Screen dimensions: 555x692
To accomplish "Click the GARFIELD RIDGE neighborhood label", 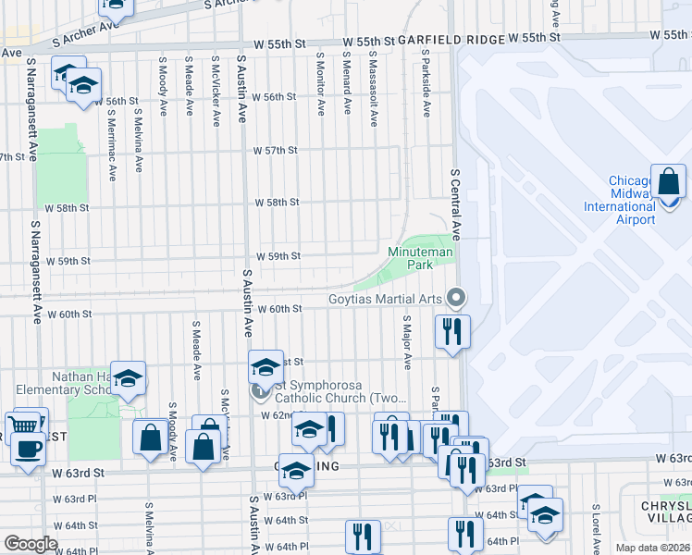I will (x=439, y=40).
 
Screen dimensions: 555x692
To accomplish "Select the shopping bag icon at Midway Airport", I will (x=667, y=182).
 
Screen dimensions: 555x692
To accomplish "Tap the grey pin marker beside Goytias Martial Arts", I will (x=454, y=298).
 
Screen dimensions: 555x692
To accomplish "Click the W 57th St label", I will (x=278, y=150).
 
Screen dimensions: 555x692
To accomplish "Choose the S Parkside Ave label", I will (x=426, y=84).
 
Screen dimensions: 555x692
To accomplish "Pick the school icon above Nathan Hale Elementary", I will (x=128, y=378).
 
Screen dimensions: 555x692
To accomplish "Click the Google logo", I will (x=31, y=544).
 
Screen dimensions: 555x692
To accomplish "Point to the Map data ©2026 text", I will (x=652, y=548).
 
